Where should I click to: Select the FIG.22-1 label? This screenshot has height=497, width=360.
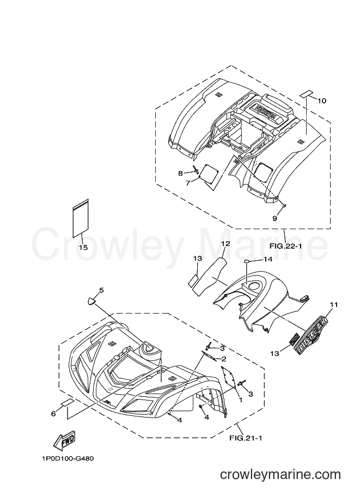[x=284, y=246]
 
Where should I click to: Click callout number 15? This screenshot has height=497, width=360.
[x=83, y=247]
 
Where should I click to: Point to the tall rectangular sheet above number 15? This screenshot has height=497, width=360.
[x=81, y=218]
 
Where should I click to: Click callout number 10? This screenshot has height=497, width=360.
[x=322, y=101]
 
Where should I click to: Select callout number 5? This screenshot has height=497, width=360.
[x=101, y=290]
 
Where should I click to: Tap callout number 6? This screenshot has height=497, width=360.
[x=53, y=413]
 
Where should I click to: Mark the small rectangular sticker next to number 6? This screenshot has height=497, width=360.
[x=67, y=402]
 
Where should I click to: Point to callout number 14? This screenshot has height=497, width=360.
[x=268, y=259]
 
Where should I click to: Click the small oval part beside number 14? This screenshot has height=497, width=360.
[x=248, y=261]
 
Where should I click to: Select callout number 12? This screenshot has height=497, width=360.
[x=225, y=244]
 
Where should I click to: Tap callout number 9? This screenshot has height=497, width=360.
[x=274, y=218]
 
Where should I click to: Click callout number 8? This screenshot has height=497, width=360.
[x=180, y=173]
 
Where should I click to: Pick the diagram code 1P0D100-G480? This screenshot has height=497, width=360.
[x=68, y=459]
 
